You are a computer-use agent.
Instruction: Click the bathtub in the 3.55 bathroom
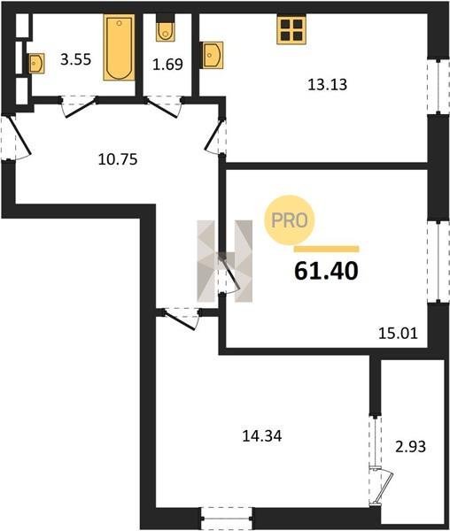[x=119, y=48]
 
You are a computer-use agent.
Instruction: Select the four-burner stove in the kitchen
[x=291, y=30]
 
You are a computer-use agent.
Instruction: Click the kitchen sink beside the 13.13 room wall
[x=212, y=55]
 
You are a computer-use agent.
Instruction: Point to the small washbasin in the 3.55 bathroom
[x=36, y=64]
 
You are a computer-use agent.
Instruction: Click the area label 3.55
[x=76, y=59]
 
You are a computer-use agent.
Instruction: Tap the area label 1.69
[x=167, y=65]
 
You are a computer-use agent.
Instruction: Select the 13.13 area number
[x=328, y=85]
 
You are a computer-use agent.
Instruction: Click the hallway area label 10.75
[x=118, y=159]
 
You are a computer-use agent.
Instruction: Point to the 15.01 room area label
[x=398, y=334]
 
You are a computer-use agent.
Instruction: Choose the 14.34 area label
[x=262, y=436]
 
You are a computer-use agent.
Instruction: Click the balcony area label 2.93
[x=411, y=447]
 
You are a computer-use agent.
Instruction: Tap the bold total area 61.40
[x=326, y=272]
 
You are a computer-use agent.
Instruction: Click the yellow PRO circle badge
[x=290, y=220]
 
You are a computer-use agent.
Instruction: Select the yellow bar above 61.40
[x=326, y=250]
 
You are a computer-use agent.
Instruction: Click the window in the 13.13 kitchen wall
[x=438, y=87]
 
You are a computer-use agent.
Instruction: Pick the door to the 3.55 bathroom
[x=79, y=106]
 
